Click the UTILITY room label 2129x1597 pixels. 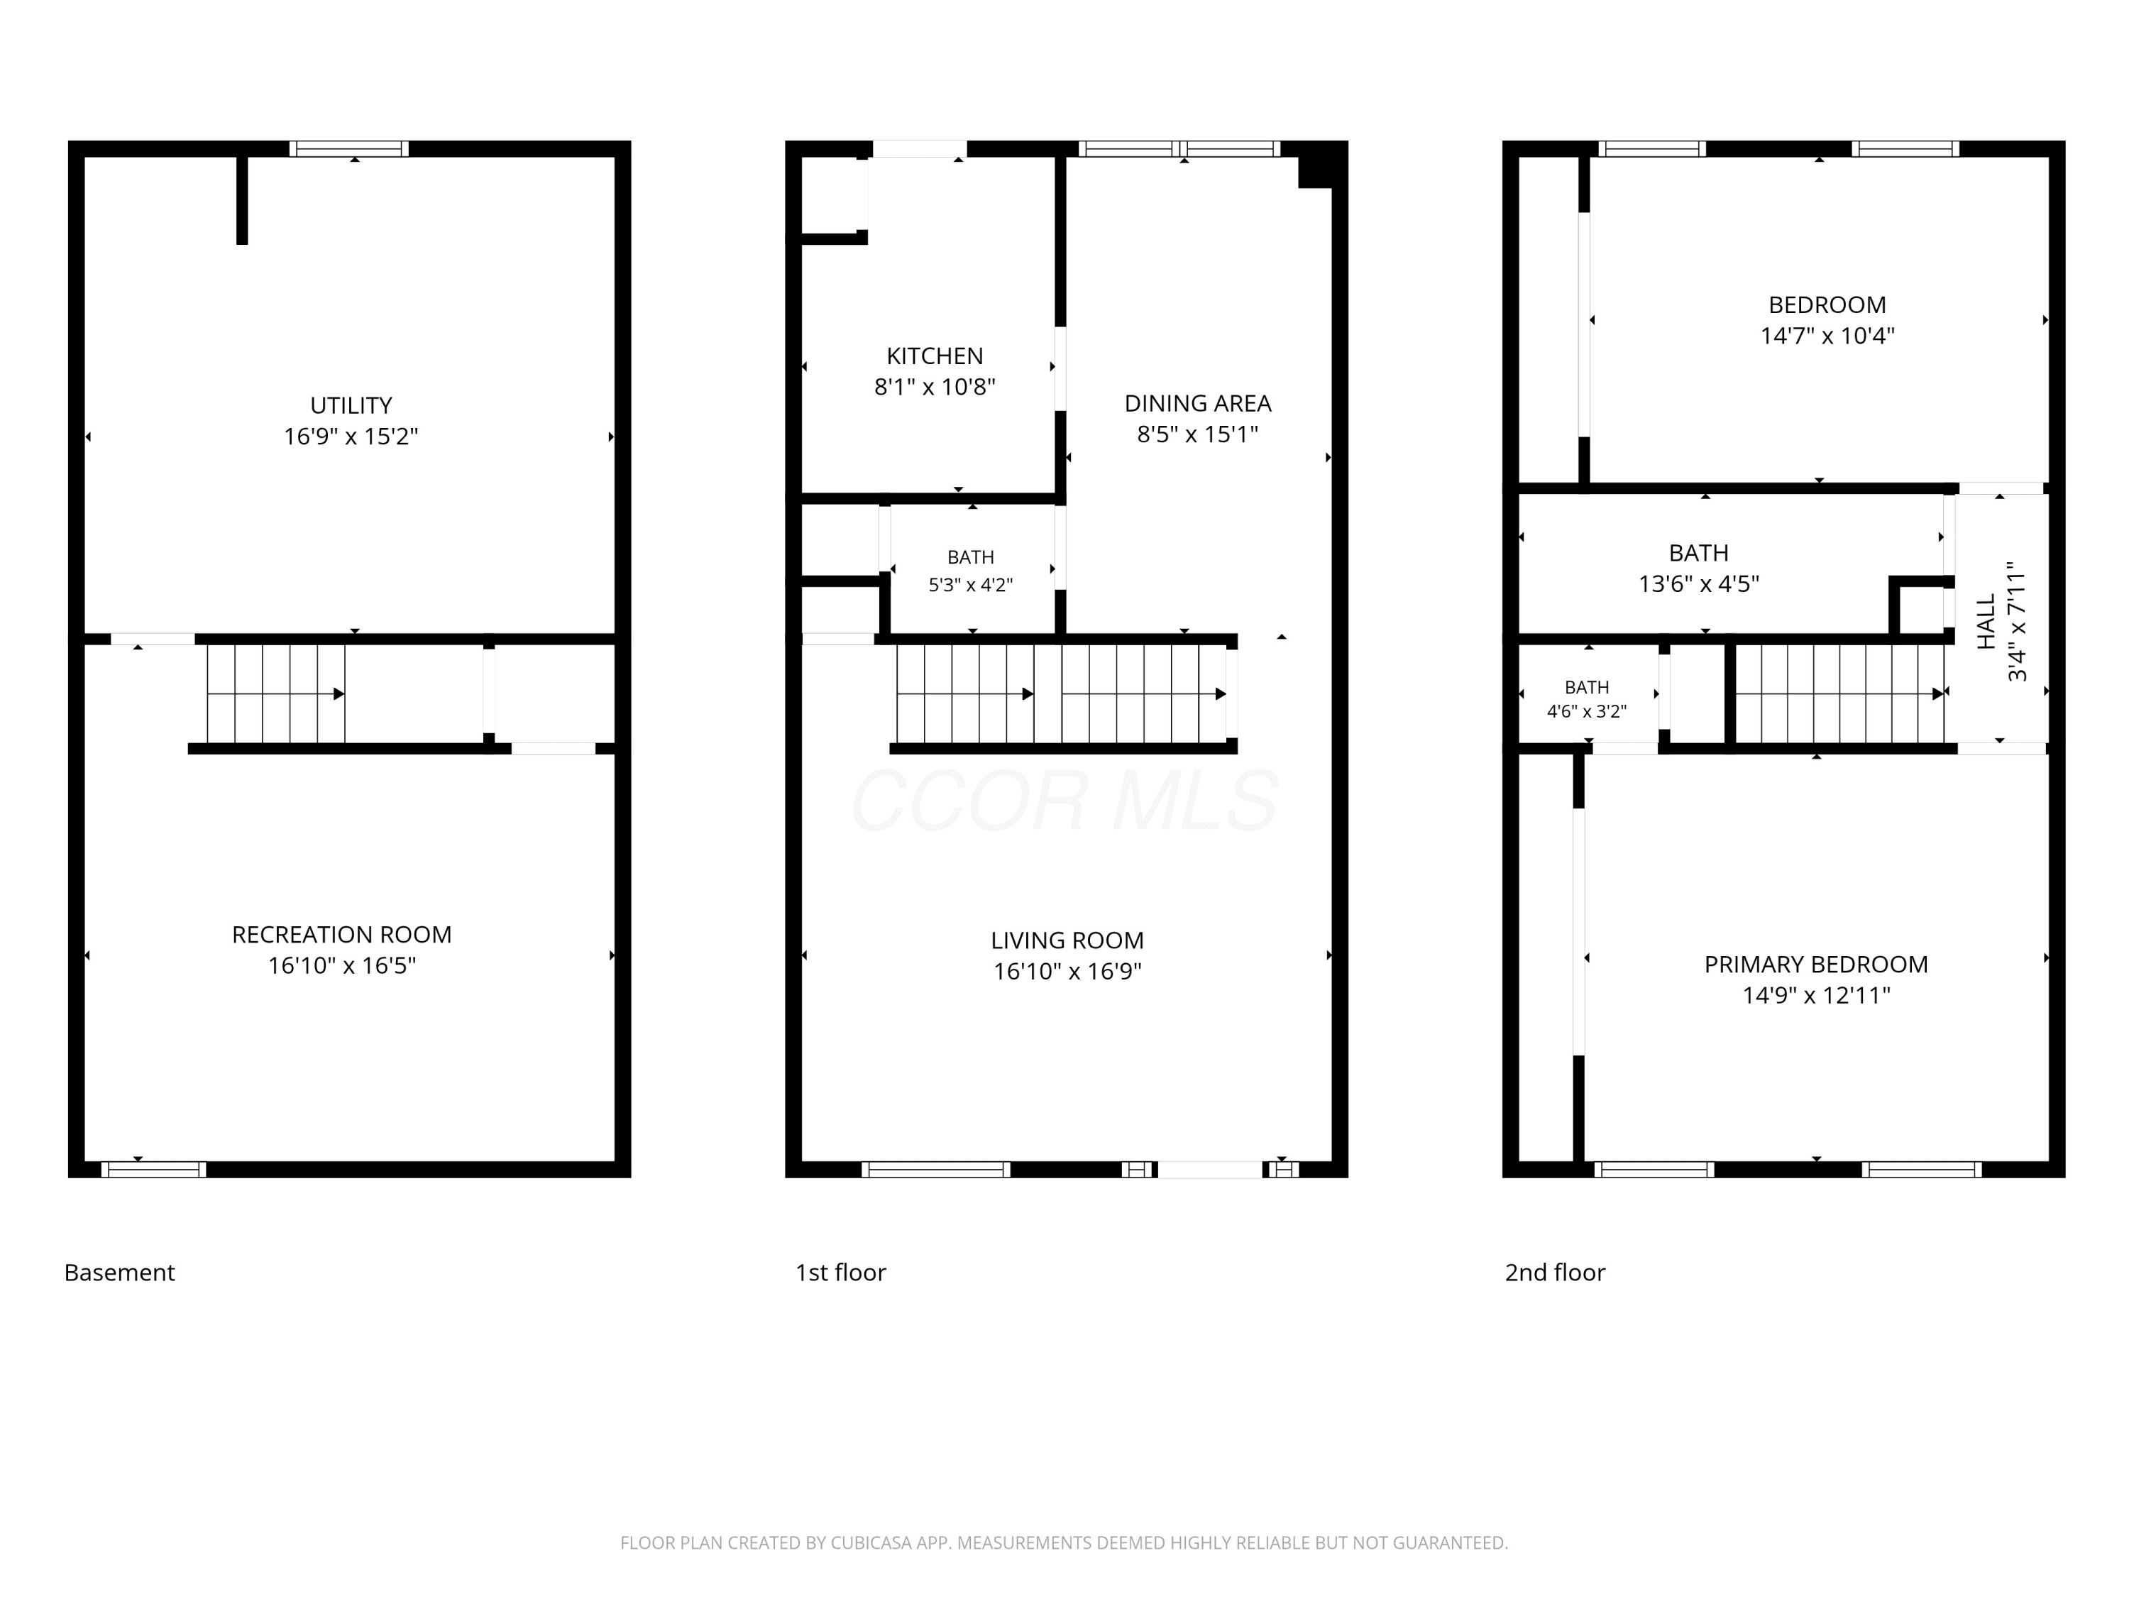point(351,405)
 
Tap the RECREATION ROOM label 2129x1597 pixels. point(341,935)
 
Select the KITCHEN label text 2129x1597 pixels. point(935,356)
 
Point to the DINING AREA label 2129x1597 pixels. point(1197,403)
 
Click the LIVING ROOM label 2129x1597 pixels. point(1067,940)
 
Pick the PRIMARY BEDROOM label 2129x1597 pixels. point(1816,965)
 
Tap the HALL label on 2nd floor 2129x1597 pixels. point(1986,621)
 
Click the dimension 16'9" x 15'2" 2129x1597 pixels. point(351,436)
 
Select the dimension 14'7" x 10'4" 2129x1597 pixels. point(1827,336)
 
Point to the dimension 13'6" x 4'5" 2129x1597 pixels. point(1699,583)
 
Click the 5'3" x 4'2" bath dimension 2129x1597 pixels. point(970,584)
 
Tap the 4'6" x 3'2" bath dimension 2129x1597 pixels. point(1586,711)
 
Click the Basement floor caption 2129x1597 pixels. point(119,1273)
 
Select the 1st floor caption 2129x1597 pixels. point(840,1273)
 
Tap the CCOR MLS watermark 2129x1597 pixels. point(1064,801)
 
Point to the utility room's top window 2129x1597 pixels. point(349,148)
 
